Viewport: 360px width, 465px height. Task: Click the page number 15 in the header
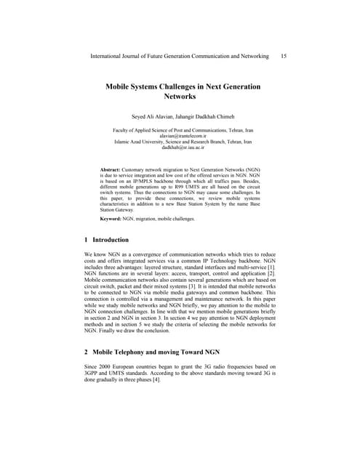(x=283, y=56)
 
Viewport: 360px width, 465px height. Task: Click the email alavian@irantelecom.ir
(x=179, y=135)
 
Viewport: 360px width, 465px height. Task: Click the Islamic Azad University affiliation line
(x=179, y=142)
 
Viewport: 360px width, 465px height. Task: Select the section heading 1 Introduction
(x=107, y=239)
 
